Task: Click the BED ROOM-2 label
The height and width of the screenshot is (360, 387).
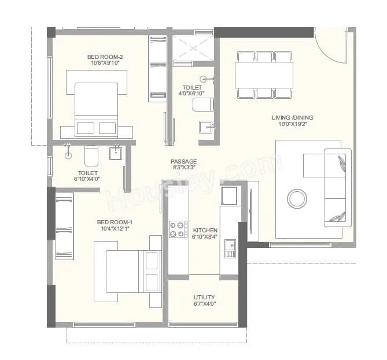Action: pyautogui.click(x=105, y=57)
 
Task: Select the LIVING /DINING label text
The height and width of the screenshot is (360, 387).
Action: pyautogui.click(x=293, y=118)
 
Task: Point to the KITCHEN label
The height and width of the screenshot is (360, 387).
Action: pyautogui.click(x=205, y=230)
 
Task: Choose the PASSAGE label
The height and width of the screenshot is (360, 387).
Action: pyautogui.click(x=183, y=161)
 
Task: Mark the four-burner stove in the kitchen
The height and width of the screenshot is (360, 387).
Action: pyautogui.click(x=178, y=229)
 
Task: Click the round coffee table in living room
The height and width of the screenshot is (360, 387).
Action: pyautogui.click(x=298, y=198)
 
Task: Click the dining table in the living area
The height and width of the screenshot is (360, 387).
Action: pyautogui.click(x=263, y=75)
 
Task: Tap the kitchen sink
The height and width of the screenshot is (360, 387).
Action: pyautogui.click(x=230, y=248)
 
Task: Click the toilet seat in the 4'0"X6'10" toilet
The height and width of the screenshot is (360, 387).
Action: pyautogui.click(x=203, y=105)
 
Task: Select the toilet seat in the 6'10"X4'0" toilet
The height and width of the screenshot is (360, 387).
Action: pyautogui.click(x=91, y=155)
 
